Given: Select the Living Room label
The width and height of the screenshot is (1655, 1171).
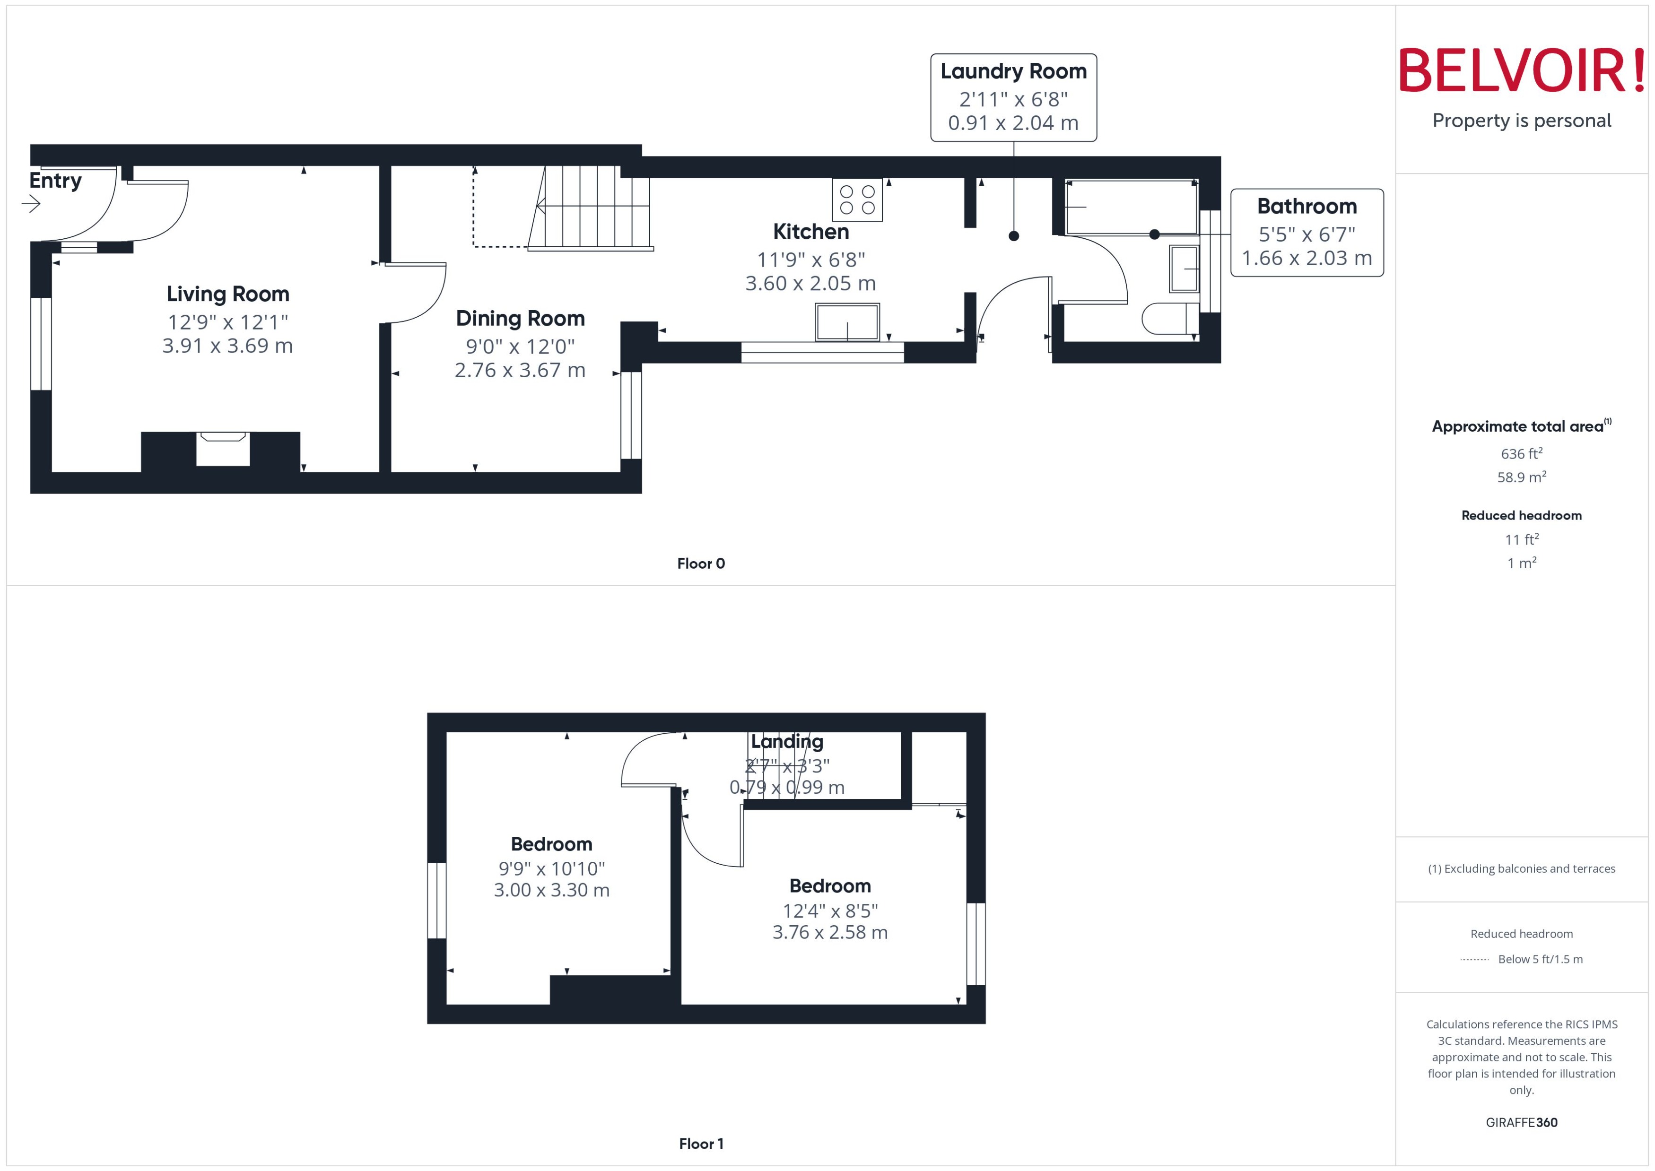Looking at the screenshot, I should tap(228, 294).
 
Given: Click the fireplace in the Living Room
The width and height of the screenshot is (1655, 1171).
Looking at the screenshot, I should tap(223, 449).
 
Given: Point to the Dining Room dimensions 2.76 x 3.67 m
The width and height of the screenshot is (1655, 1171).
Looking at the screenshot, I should tap(520, 371).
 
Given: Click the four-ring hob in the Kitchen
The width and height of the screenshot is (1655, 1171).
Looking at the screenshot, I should tap(857, 200).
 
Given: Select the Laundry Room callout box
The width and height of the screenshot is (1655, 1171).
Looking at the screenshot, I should tap(1013, 97).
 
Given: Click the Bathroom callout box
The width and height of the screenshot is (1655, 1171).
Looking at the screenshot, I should tap(1307, 232).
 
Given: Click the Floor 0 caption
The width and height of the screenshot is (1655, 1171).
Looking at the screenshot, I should tap(701, 564).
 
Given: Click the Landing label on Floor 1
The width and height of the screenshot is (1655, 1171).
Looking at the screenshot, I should tap(787, 741).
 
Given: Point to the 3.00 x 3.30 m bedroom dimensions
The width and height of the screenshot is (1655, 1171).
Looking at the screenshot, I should tap(552, 891).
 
